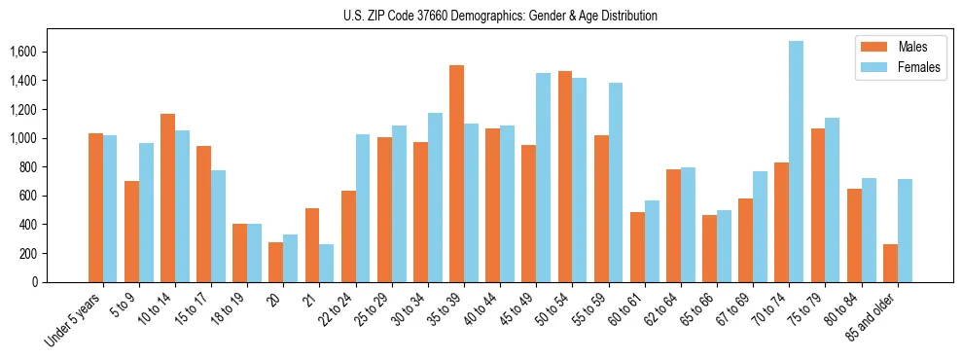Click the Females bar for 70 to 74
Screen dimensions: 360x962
(x=796, y=162)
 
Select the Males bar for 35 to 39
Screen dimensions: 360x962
(x=456, y=173)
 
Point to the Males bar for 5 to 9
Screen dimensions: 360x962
(x=131, y=232)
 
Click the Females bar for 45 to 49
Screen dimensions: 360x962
(x=543, y=177)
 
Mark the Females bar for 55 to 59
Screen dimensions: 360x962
(x=615, y=182)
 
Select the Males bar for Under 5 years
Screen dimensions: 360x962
(x=95, y=207)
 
